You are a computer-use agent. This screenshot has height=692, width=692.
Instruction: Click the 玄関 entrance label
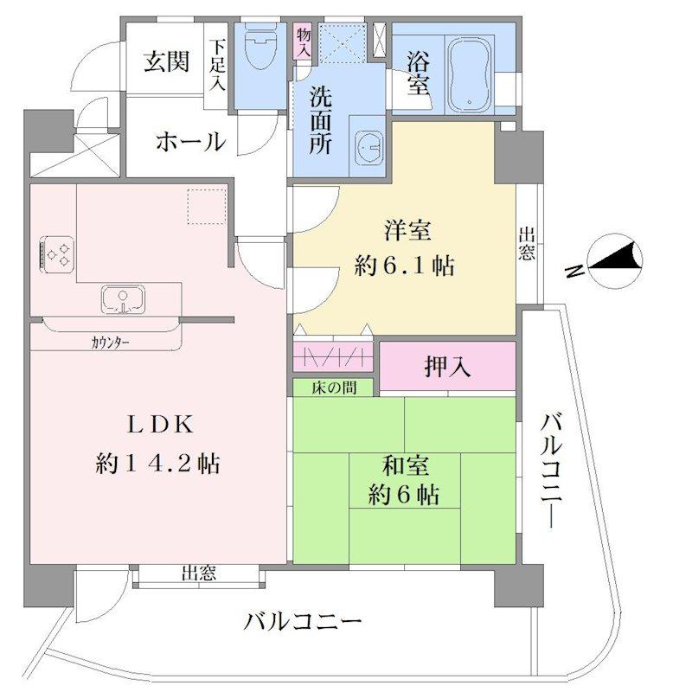167,61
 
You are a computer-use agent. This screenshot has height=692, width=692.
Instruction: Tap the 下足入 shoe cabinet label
217,66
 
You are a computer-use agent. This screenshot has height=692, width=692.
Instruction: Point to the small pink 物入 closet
304,42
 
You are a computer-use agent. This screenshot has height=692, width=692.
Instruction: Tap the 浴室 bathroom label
418,73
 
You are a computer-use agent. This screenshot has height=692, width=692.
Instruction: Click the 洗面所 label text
320,120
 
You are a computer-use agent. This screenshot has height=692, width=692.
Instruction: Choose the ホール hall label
190,142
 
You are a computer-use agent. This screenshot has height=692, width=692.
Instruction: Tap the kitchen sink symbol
123,299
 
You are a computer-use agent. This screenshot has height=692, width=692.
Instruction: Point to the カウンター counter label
111,342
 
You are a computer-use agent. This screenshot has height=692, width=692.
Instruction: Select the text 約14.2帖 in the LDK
158,464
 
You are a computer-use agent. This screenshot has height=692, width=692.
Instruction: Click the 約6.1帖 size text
404,266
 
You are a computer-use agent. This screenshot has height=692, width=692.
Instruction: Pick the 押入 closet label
447,367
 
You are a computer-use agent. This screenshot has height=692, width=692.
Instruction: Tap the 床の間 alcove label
334,388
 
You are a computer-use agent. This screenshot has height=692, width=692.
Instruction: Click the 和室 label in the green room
405,466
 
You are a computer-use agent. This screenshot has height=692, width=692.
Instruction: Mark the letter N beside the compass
574,272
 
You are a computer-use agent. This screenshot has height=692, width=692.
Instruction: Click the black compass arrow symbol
615,257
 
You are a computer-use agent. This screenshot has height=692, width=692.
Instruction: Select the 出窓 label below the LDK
199,573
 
